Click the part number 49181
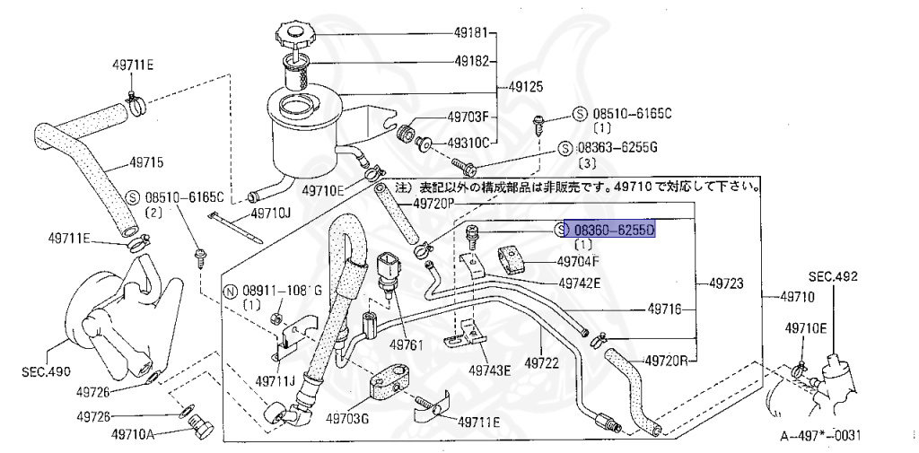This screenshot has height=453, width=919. pos(471,34)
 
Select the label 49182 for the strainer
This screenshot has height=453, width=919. pos(471,62)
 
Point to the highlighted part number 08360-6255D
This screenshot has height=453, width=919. pos(615,231)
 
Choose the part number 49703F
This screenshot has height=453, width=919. pos(468,117)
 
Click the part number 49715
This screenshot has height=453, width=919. pos(146,163)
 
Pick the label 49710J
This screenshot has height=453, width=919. pos(270,213)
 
